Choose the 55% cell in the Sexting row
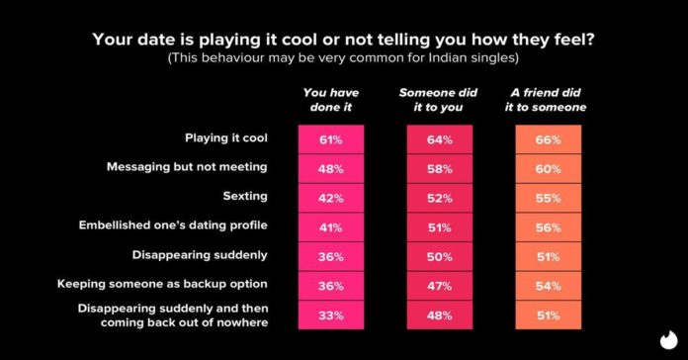pos(549,196)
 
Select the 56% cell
pos(549,225)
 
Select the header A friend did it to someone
pos(549,99)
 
